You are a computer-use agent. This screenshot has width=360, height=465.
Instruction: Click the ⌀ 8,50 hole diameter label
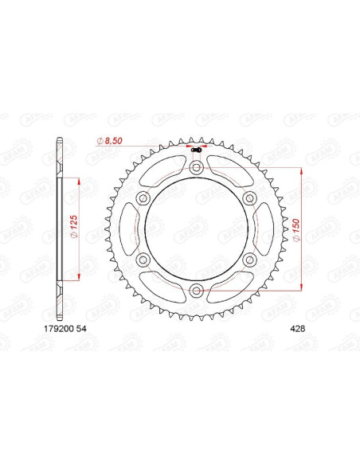[109, 141]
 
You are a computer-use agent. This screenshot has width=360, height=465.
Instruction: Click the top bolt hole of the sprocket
[196, 168]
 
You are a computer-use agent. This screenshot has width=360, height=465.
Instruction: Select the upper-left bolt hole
[143, 198]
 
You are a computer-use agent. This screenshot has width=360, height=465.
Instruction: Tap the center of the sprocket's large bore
[196, 229]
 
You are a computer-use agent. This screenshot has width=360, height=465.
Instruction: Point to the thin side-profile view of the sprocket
[61, 229]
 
